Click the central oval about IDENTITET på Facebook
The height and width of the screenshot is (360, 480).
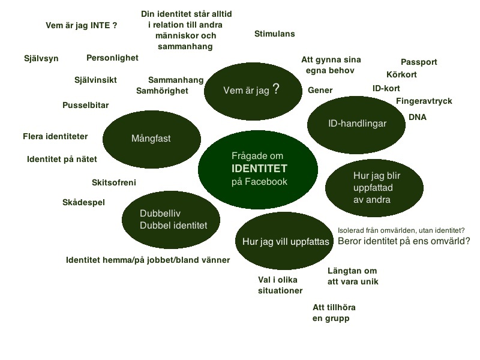258,169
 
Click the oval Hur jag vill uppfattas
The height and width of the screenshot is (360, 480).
285,241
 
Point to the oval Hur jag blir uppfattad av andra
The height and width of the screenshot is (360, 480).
369,188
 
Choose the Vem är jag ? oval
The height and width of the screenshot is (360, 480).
251,91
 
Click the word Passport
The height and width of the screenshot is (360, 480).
419,62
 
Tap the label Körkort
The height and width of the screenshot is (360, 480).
401,75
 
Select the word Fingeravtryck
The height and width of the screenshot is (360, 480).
424,101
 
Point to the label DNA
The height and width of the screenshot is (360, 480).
417,117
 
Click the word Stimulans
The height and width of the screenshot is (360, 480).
274,34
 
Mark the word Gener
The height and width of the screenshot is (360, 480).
320,90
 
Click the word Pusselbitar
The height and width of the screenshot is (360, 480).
85,105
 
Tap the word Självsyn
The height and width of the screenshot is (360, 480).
41,59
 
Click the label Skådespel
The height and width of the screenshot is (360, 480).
83,202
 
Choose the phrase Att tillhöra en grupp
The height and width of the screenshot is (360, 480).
338,313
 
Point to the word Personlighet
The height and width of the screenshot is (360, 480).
112,58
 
